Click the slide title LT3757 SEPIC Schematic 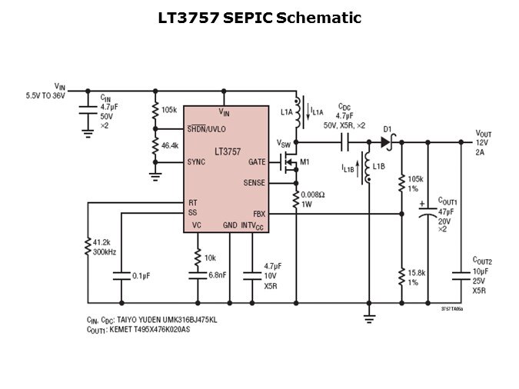pyautogui.click(x=259, y=18)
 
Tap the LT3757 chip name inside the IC pyautogui.click(x=228, y=151)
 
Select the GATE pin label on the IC pyautogui.click(x=257, y=163)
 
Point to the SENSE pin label pyautogui.click(x=254, y=183)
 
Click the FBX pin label pyautogui.click(x=259, y=213)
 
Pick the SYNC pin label pyautogui.click(x=196, y=163)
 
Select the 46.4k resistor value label pyautogui.click(x=170, y=145)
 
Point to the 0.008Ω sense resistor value pyautogui.click(x=314, y=194)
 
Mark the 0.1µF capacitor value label pyautogui.click(x=141, y=275)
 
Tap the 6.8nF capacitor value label pyautogui.click(x=218, y=275)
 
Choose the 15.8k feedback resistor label pyautogui.click(x=418, y=273)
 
